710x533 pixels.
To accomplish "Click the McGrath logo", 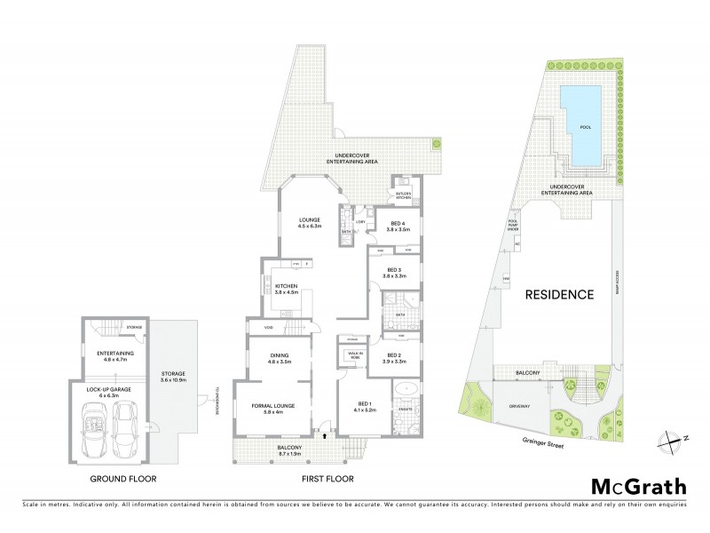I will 638,486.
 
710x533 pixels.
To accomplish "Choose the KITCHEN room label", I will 286,286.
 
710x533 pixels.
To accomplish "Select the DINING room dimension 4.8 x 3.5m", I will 276,362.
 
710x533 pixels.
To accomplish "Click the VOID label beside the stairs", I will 267,328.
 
